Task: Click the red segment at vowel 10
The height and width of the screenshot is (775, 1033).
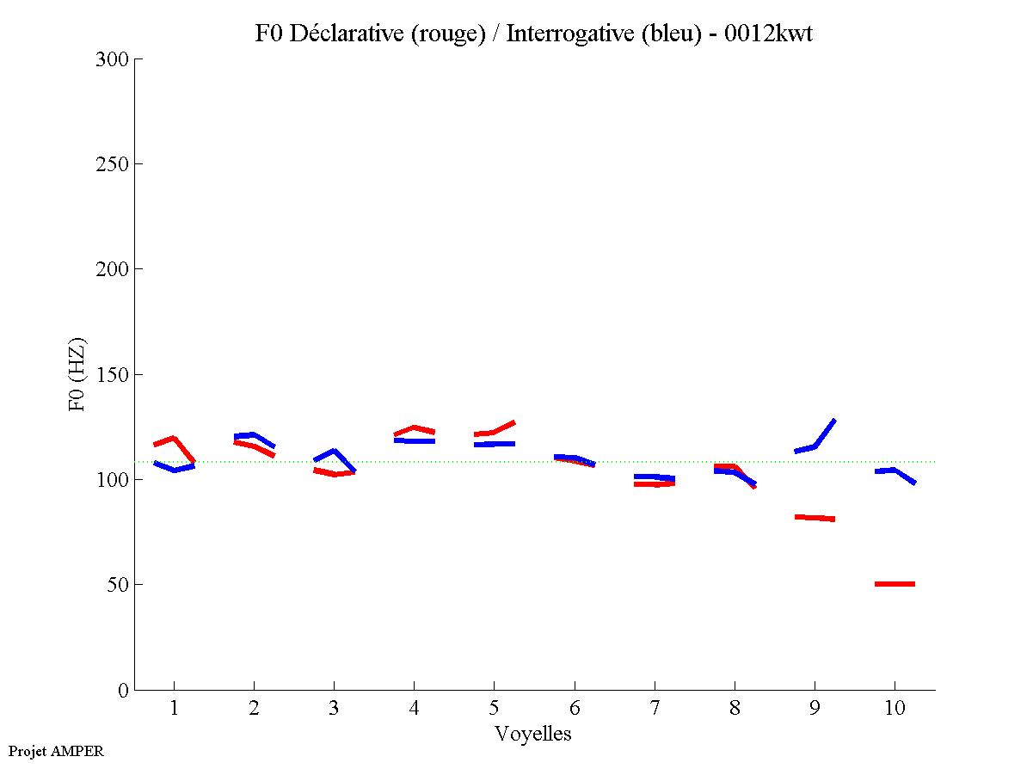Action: pyautogui.click(x=895, y=584)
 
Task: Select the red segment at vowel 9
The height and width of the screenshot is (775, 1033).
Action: pyautogui.click(x=815, y=518)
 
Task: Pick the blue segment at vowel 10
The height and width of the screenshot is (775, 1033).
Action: pyautogui.click(x=895, y=471)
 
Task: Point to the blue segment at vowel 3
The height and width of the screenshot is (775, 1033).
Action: pyautogui.click(x=334, y=452)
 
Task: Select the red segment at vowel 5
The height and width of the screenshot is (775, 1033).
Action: pyautogui.click(x=493, y=432)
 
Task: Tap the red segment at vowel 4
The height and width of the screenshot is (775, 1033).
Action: pyautogui.click(x=415, y=427)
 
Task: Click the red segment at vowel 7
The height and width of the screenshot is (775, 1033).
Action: pyautogui.click(x=654, y=484)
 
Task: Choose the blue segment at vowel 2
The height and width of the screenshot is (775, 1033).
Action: pyautogui.click(x=253, y=435)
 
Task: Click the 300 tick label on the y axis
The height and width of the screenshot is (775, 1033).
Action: pyautogui.click(x=112, y=59)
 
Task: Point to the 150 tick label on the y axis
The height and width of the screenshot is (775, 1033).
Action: pyautogui.click(x=112, y=375)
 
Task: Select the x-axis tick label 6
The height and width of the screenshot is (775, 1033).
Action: pyautogui.click(x=574, y=708)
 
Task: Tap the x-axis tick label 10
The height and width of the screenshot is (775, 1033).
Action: pyautogui.click(x=895, y=708)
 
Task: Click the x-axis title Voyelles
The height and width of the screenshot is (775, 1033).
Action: pyautogui.click(x=533, y=734)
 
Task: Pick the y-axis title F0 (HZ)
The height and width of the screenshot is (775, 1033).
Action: pyautogui.click(x=77, y=374)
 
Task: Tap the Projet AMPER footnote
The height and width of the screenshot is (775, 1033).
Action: pyautogui.click(x=56, y=751)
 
